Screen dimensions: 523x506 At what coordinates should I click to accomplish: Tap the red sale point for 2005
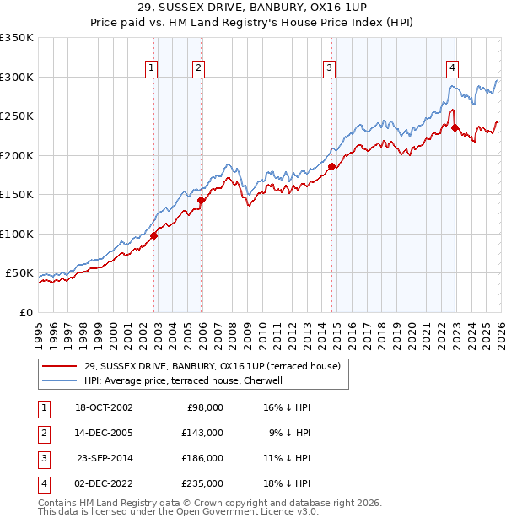tap(202, 201)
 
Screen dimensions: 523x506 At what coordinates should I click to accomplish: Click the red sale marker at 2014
tap(332, 167)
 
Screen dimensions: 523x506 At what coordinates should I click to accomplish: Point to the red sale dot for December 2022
tap(455, 128)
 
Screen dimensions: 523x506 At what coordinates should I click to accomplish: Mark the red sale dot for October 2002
tap(154, 236)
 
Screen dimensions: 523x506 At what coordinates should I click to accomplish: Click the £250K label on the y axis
tap(17, 116)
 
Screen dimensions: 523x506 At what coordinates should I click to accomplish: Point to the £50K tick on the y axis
tap(19, 273)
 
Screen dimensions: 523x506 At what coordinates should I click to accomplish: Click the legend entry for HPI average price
tap(187, 380)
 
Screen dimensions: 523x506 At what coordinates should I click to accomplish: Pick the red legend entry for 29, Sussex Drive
tap(212, 366)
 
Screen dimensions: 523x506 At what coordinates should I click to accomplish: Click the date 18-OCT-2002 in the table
tap(104, 407)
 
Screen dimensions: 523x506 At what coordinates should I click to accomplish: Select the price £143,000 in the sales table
tap(203, 432)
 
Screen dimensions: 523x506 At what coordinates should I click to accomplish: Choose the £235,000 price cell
tap(203, 483)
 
